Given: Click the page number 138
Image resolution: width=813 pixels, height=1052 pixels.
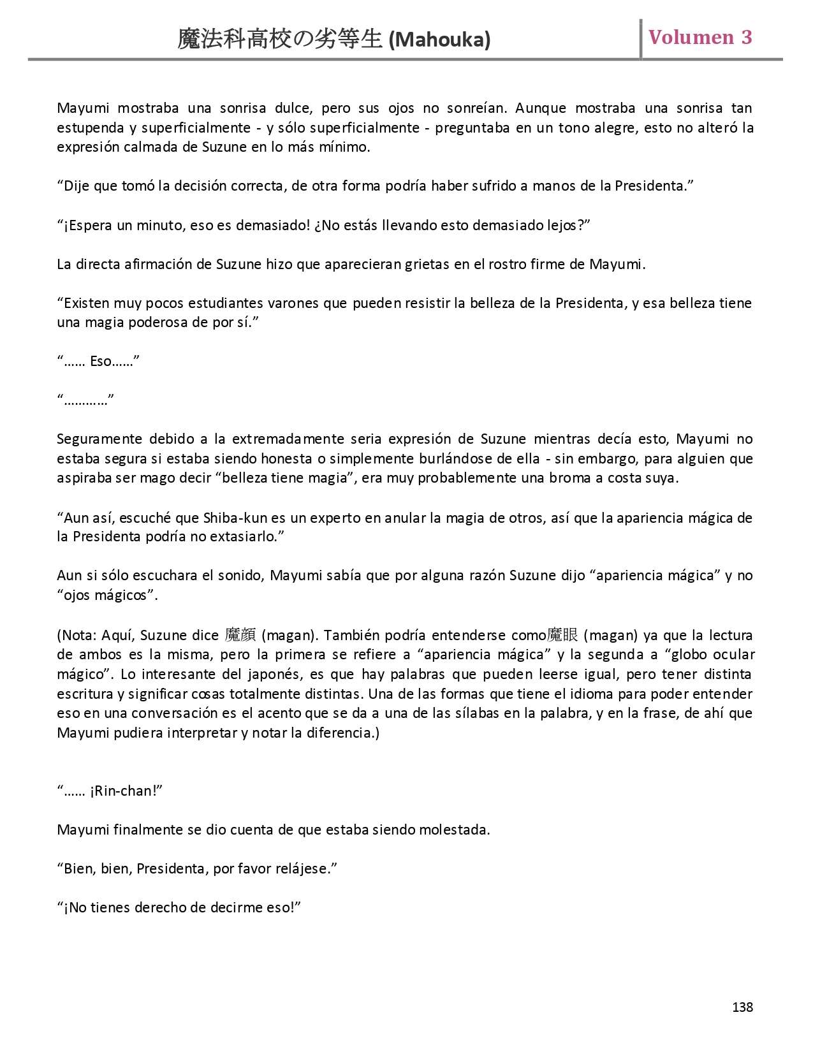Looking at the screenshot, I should tap(742, 1007).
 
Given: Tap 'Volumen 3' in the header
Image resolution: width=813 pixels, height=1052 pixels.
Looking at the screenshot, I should tap(700, 37).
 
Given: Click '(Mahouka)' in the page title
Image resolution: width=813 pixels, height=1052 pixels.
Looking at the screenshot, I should tap(439, 40).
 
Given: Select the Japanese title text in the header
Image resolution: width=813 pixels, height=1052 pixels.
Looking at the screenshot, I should tap(281, 40).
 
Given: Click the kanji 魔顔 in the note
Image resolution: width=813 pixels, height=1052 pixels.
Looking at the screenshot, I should tap(240, 635).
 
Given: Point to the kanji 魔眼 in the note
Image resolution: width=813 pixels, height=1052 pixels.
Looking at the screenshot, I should tap(562, 635).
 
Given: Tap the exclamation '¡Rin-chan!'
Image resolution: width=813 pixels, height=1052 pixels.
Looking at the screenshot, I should tap(126, 791).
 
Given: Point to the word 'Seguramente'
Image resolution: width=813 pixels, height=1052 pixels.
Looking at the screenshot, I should tap(99, 439).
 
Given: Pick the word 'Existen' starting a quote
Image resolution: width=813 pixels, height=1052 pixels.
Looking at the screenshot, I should tap(87, 303).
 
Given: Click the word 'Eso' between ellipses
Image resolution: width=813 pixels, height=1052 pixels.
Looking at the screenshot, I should tap(101, 362).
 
